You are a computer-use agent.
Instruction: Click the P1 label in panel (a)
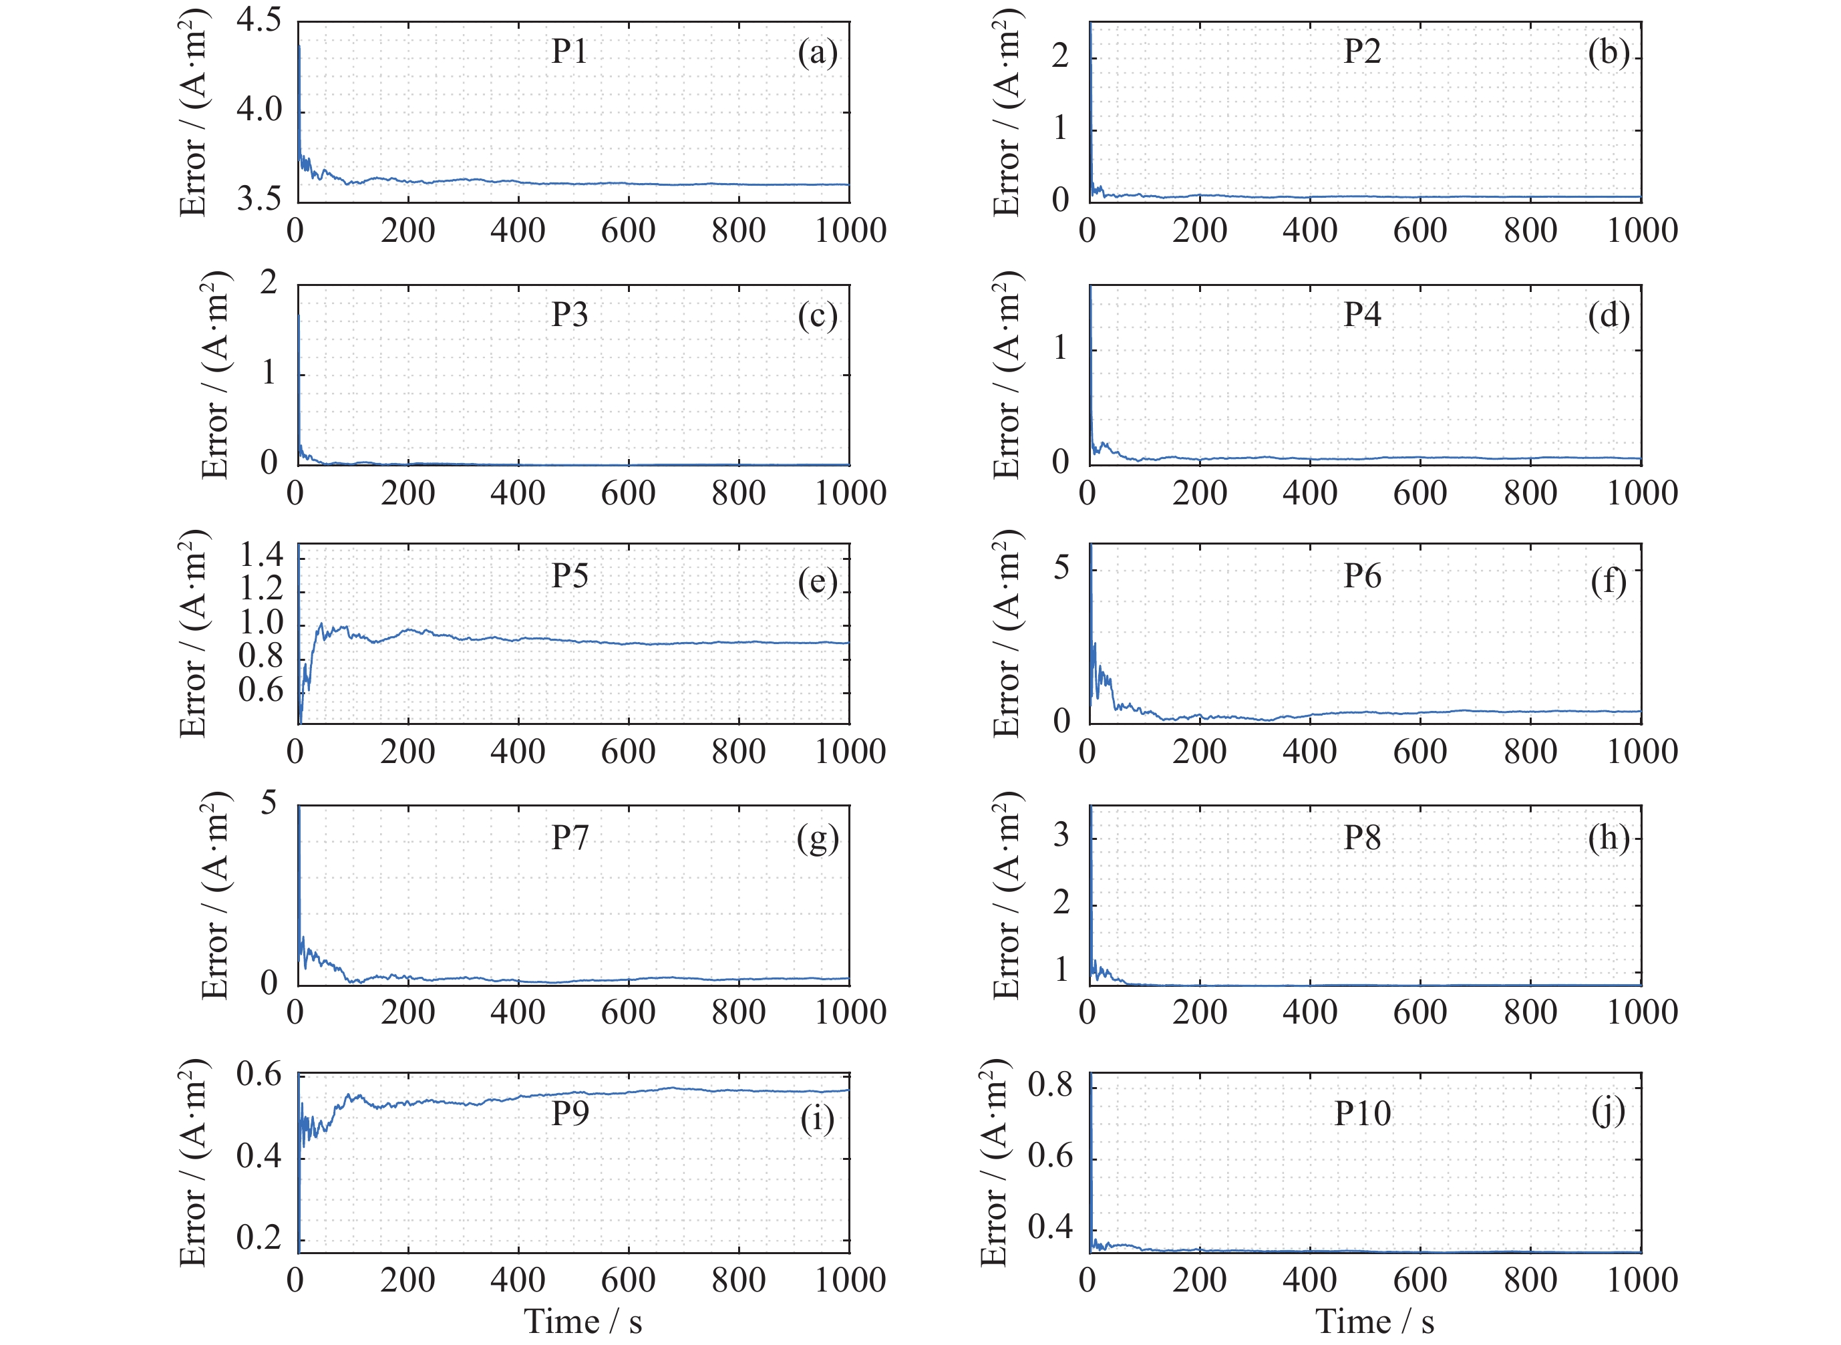point(569,51)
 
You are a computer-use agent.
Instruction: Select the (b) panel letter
point(1609,53)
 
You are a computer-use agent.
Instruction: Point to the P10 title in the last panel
point(1363,1113)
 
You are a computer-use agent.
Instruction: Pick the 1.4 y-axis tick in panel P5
point(261,555)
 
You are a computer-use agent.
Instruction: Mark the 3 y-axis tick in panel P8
point(1061,835)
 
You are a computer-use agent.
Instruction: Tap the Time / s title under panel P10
point(1375,1320)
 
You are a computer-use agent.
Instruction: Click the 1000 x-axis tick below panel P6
point(1641,752)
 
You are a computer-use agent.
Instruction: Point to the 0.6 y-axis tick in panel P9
point(259,1074)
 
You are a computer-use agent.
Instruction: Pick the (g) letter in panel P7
point(817,839)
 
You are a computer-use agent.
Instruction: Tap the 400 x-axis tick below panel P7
point(518,1012)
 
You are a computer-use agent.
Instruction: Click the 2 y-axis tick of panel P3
point(269,283)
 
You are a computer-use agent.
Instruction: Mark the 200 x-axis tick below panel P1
point(407,231)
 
